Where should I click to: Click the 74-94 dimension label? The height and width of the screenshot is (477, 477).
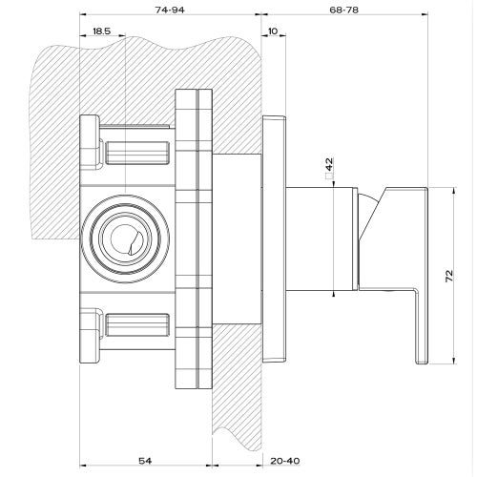pos(170,10)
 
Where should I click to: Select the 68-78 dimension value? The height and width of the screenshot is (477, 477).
pos(343,10)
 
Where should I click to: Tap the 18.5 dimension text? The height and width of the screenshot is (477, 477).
pos(101,31)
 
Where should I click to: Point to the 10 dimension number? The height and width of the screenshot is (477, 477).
pos(273,31)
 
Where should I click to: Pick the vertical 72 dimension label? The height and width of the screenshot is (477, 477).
pos(448,276)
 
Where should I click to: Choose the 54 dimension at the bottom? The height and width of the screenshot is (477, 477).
pos(145,461)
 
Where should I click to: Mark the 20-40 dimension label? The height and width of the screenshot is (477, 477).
pos(285,461)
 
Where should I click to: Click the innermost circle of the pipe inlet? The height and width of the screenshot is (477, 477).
pos(111,238)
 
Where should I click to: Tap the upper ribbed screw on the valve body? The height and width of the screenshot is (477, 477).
pos(137,153)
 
